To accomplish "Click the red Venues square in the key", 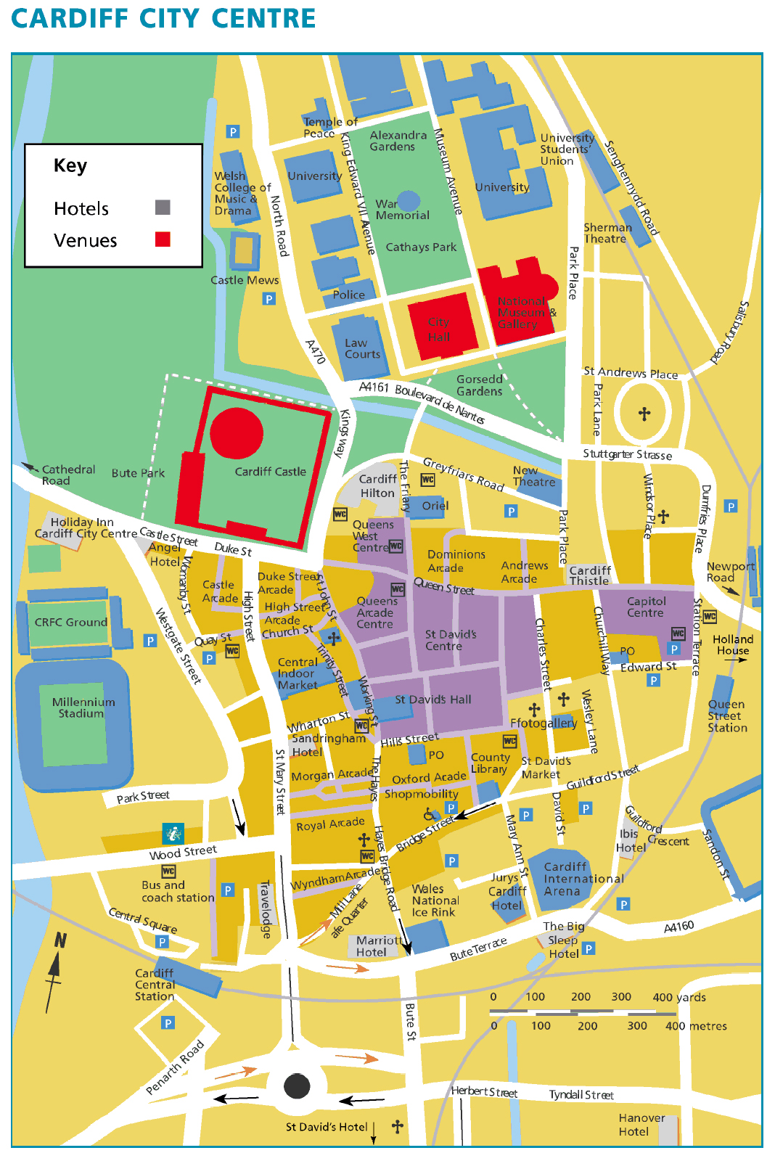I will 163,239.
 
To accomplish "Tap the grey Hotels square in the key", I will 163,208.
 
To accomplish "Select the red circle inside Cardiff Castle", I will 237,433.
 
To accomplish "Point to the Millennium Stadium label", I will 83,707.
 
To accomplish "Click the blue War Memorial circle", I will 409,200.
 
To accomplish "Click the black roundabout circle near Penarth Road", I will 297,1086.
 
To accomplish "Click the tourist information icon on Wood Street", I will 173,833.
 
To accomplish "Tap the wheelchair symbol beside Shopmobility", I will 430,814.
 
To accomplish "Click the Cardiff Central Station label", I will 155,985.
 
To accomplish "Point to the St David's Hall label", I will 432,700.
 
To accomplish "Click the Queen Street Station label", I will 727,715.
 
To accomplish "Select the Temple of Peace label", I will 329,128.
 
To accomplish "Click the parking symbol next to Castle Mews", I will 269,298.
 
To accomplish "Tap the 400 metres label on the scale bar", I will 695,1026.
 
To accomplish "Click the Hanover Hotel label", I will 641,1125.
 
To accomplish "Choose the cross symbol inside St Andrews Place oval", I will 644,414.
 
